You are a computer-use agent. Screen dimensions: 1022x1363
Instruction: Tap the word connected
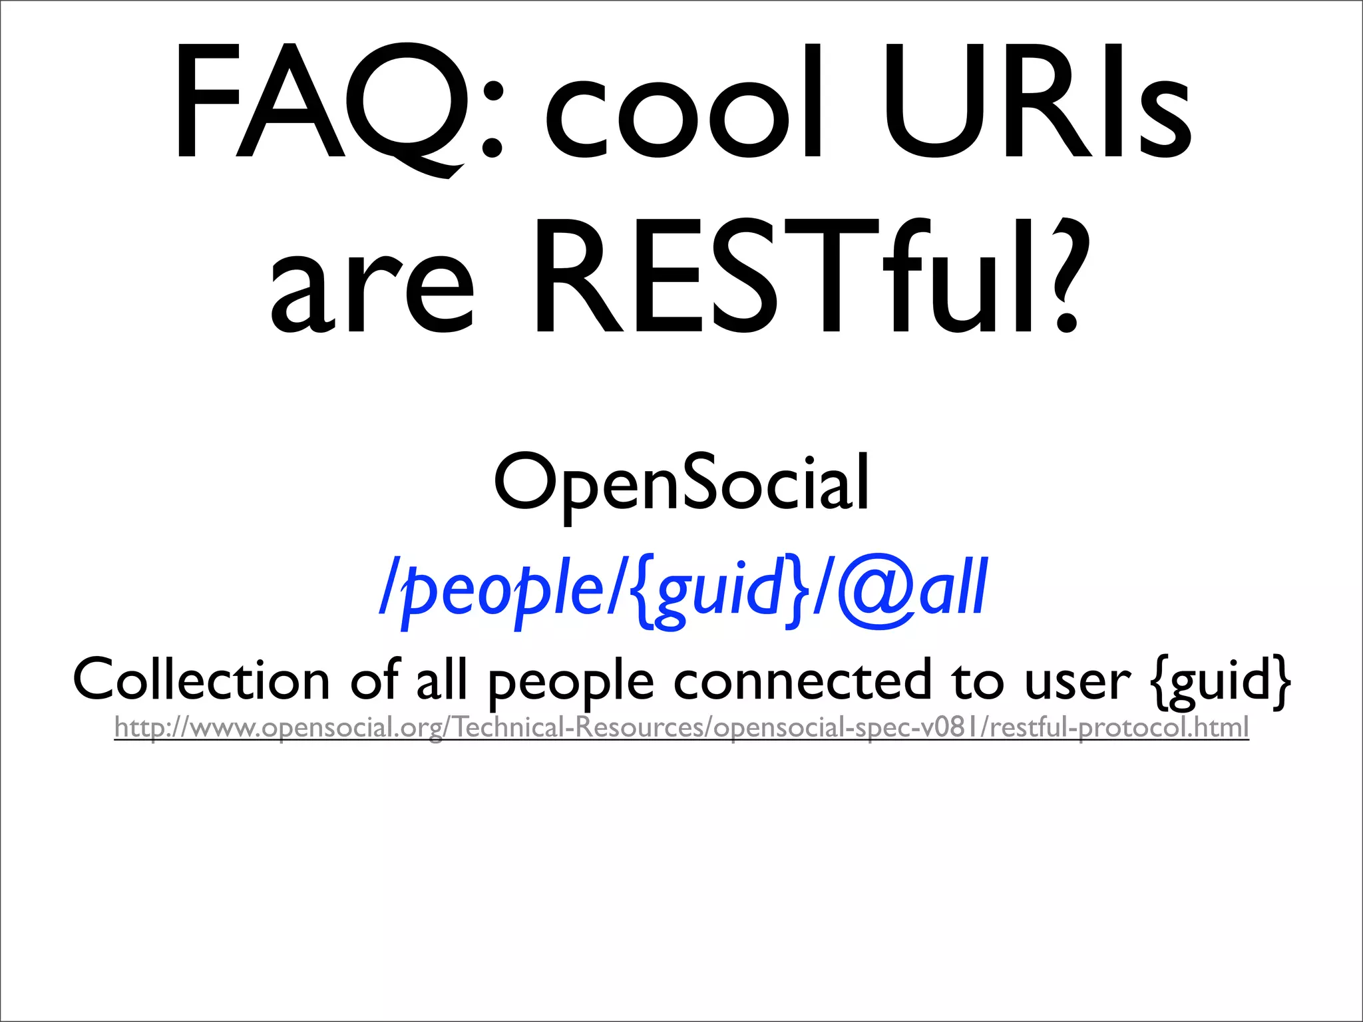[x=802, y=680]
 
